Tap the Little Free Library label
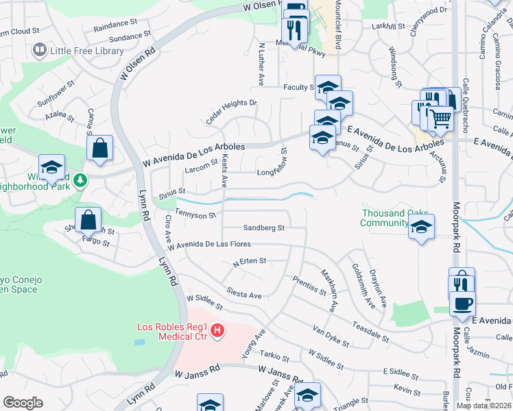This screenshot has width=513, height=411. click(86, 50)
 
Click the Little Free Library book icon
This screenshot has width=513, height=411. click(40, 50)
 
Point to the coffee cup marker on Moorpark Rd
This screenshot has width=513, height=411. click(462, 302)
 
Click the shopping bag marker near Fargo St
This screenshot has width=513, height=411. click(88, 221)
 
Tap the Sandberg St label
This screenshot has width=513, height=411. click(263, 228)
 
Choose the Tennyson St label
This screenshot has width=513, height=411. click(195, 214)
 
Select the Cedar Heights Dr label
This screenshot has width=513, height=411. click(231, 112)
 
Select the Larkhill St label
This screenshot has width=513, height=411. click(388, 26)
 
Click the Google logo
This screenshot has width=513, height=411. click(23, 403)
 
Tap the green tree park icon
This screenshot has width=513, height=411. click(82, 180)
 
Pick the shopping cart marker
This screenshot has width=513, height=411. click(440, 120)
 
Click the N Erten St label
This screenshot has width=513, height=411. click(249, 261)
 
